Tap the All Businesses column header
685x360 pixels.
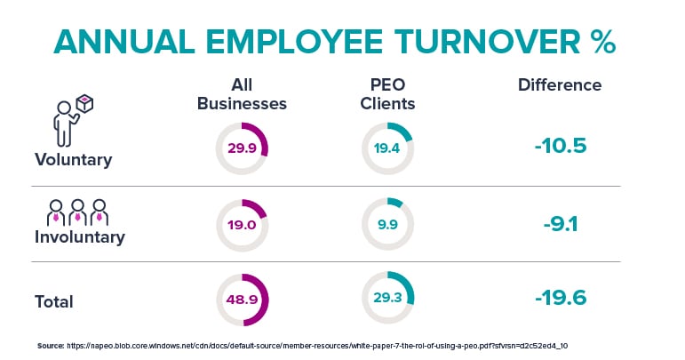[242, 94]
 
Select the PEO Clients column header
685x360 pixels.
[387, 94]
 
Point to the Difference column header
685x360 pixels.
[560, 85]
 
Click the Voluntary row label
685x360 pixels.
[74, 160]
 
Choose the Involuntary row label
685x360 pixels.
[80, 237]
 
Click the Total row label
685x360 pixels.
[54, 301]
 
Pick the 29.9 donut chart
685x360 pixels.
[242, 148]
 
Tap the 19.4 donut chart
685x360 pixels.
[386, 148]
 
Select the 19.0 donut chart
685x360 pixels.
[242, 225]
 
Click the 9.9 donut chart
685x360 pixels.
[386, 225]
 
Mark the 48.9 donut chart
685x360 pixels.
[242, 300]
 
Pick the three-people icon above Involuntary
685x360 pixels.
[76, 211]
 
